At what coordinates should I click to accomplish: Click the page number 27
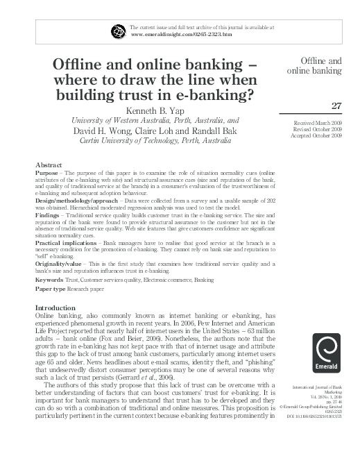(x=336, y=106)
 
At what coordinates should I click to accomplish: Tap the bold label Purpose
(x=47, y=172)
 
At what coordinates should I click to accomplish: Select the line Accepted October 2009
(x=318, y=135)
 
